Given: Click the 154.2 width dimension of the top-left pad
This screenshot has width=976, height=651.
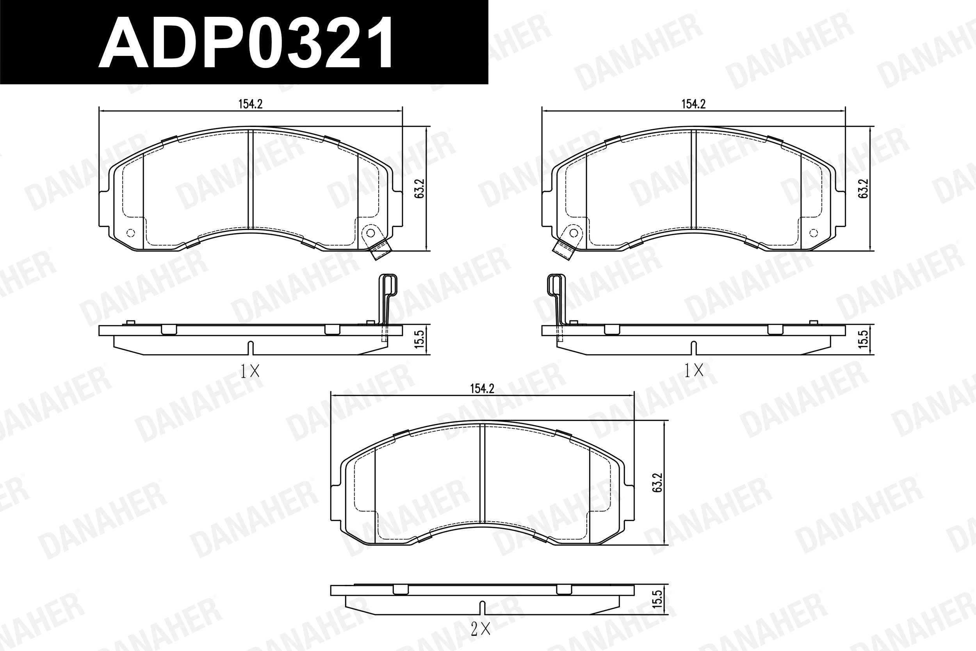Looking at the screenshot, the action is click(x=250, y=104).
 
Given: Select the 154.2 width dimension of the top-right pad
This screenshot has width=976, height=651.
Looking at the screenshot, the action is click(x=693, y=104).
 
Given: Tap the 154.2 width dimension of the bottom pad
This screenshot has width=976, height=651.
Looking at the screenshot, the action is click(x=482, y=389).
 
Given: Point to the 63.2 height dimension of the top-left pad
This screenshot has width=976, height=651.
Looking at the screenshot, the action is click(x=420, y=189).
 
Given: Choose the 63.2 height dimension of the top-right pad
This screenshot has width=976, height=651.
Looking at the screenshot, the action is click(x=864, y=189).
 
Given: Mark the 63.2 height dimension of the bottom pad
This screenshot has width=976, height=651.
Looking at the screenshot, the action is click(x=657, y=483).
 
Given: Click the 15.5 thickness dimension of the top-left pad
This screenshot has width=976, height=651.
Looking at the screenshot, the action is click(x=420, y=340).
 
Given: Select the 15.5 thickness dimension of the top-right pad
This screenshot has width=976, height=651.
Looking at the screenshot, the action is click(x=863, y=340).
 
